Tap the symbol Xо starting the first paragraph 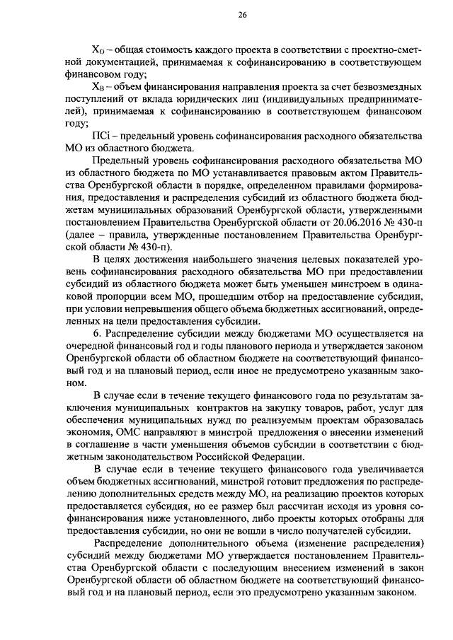coord(100,48)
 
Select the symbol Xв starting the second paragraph coord(100,86)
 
